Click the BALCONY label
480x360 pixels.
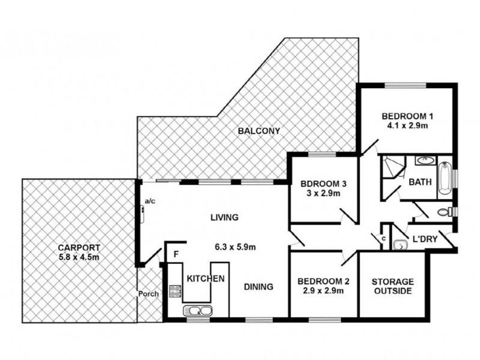click(259, 131)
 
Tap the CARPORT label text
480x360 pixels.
click(79, 247)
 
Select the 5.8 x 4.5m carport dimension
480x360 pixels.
click(79, 257)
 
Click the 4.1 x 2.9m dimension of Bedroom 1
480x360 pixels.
click(407, 125)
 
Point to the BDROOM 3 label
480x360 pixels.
click(323, 184)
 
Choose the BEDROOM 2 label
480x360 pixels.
click(323, 281)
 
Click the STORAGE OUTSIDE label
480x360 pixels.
click(393, 286)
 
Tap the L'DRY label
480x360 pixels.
click(425, 239)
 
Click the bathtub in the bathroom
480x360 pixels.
click(445, 178)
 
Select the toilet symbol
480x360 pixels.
click(445, 212)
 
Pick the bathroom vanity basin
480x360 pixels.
click(425, 160)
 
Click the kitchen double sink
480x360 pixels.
click(197, 311)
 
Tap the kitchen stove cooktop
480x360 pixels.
click(175, 291)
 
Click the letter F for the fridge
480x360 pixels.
click(176, 254)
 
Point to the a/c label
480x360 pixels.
click(150, 201)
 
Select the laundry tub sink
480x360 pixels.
click(400, 245)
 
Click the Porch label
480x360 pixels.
click(148, 294)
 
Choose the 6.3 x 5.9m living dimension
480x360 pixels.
click(235, 247)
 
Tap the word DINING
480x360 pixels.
click(259, 287)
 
